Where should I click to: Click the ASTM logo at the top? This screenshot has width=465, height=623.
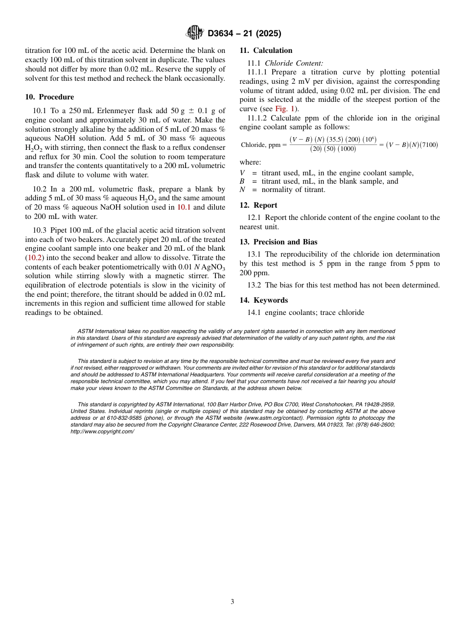click(x=194, y=33)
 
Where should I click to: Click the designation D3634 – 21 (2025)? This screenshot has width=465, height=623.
click(x=244, y=34)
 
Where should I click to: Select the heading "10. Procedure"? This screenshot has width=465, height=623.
click(x=49, y=97)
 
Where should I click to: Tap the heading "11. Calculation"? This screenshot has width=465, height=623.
click(x=266, y=50)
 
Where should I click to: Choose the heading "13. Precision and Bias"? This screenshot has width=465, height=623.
click(x=278, y=242)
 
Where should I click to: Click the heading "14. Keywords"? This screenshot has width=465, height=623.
click(x=263, y=300)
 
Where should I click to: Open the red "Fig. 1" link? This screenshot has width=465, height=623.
click(x=285, y=109)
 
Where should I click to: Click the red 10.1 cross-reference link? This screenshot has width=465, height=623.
click(x=184, y=207)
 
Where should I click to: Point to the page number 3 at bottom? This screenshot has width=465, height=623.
click(x=232, y=602)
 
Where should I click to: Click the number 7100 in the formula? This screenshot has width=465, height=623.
click(x=428, y=145)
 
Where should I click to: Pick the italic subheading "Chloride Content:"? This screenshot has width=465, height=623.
click(x=294, y=63)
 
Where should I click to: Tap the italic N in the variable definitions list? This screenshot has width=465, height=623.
click(x=242, y=190)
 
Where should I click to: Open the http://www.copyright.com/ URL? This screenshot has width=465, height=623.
click(x=102, y=431)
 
